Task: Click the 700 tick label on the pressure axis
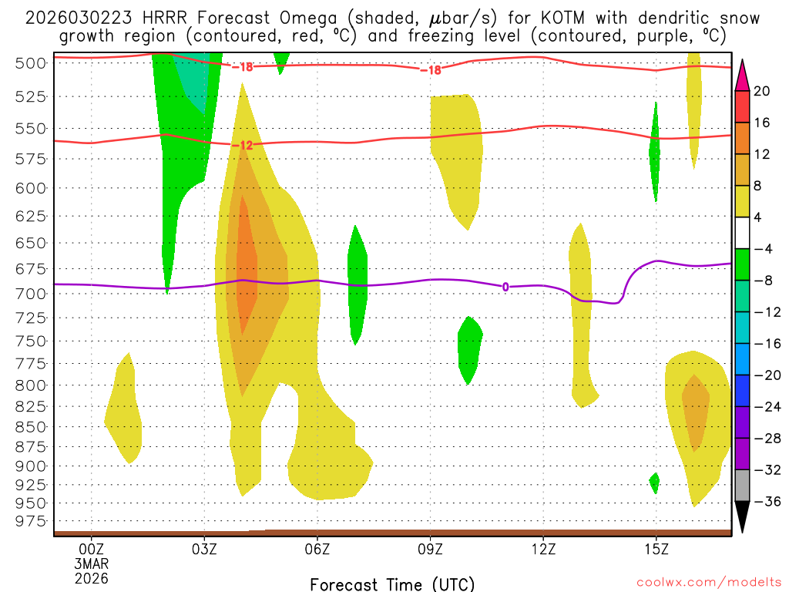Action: click(x=31, y=294)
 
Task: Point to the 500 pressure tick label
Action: click(x=31, y=63)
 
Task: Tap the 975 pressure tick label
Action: click(x=31, y=521)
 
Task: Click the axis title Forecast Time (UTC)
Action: click(x=392, y=584)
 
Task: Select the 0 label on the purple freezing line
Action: click(x=505, y=287)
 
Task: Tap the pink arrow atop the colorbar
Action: click(x=743, y=76)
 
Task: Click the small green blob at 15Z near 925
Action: click(x=655, y=483)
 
